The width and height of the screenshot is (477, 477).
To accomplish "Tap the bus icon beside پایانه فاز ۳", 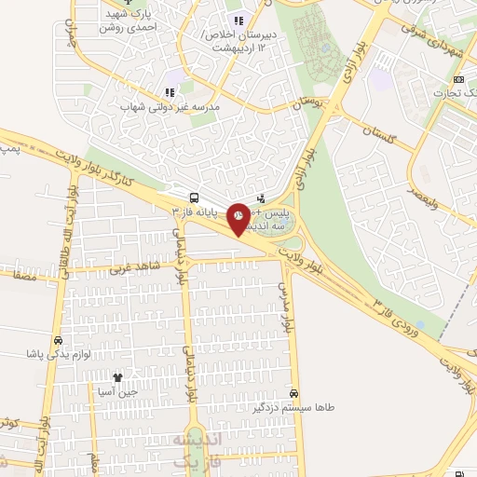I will (194, 198).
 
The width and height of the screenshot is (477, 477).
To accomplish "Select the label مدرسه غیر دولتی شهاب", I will (170, 107).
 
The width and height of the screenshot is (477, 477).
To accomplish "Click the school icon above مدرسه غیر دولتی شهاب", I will (170, 92).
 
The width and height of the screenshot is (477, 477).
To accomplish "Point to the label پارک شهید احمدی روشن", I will (129, 20).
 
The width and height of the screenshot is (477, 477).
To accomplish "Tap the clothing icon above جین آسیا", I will (117, 377).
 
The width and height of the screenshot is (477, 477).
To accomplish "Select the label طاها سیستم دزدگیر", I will (294, 407).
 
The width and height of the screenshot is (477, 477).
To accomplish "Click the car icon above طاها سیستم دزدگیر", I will (294, 393).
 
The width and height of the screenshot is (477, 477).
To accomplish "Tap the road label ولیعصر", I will (422, 197).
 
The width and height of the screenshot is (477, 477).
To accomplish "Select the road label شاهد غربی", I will (136, 268).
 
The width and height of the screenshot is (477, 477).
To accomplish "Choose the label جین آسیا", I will (117, 392).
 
